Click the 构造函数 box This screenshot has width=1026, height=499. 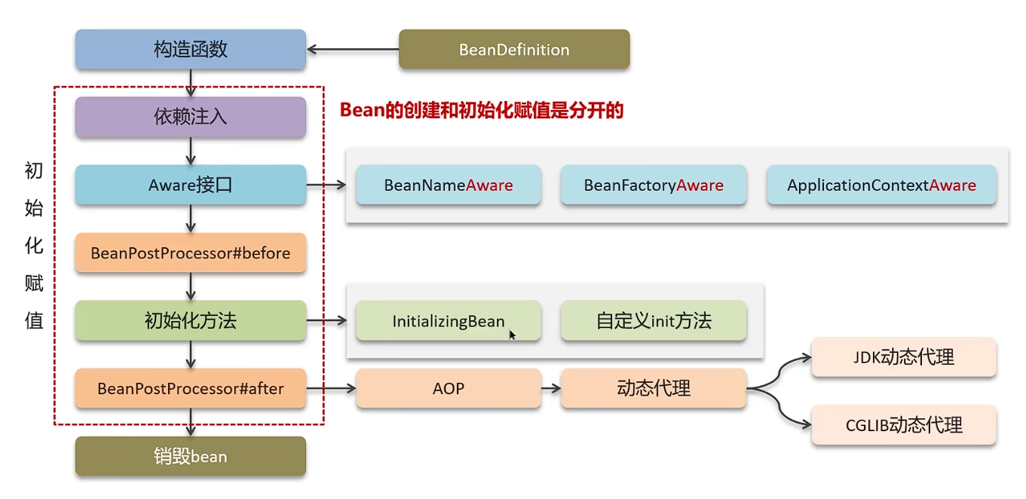point(190,50)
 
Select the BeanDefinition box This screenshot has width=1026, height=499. point(513,50)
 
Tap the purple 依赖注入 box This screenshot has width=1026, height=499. point(190,117)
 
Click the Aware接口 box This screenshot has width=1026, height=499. point(190,185)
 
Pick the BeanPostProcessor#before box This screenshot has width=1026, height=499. point(190,253)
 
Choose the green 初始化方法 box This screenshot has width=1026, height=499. point(190,320)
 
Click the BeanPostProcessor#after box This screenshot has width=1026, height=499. point(190,389)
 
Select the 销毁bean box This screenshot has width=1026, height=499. point(190,456)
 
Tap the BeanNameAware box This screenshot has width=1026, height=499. point(448,185)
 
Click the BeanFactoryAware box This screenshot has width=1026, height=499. point(653,185)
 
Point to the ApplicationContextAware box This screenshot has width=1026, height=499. point(881,185)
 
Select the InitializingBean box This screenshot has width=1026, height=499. point(448,321)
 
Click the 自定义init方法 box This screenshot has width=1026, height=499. point(653,321)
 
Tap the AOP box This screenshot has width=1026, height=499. point(448,389)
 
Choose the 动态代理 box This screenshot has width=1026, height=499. point(653,389)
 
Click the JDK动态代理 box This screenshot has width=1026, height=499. point(903,357)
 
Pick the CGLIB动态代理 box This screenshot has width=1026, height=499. point(903,425)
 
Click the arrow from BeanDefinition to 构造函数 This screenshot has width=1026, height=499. point(353,50)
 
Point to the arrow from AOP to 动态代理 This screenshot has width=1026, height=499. point(551,389)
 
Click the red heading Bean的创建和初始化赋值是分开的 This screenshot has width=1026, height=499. point(482,111)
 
